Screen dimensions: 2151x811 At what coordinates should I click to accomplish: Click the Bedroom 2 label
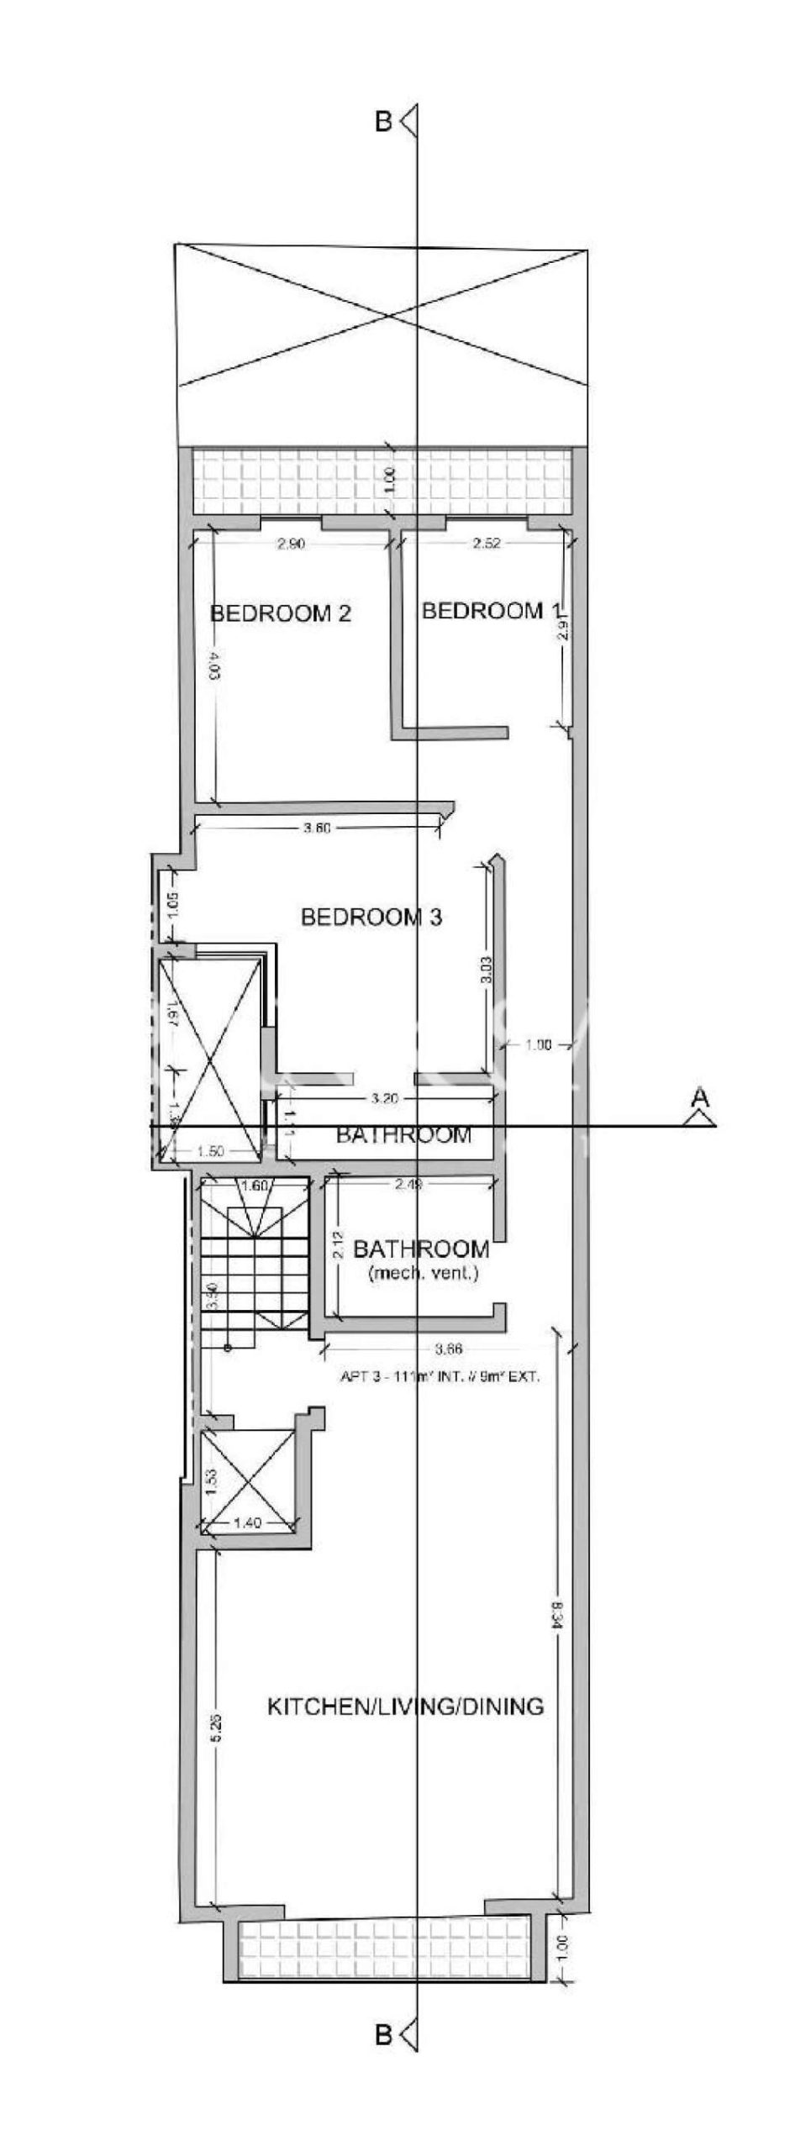(x=280, y=613)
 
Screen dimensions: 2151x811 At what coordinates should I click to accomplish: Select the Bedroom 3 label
(x=371, y=917)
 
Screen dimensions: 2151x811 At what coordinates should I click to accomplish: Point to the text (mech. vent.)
(x=424, y=1273)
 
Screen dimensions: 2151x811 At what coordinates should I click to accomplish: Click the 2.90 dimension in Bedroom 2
(x=291, y=544)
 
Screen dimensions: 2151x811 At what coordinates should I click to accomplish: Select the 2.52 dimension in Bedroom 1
(x=486, y=544)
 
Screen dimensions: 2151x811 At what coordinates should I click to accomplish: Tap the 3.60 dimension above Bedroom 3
(x=317, y=828)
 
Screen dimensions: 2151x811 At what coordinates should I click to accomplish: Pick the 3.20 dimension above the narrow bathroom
(x=383, y=1097)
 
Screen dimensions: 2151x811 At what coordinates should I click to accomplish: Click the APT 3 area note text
(x=439, y=1376)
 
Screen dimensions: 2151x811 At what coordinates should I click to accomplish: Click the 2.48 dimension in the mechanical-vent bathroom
(x=409, y=1185)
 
